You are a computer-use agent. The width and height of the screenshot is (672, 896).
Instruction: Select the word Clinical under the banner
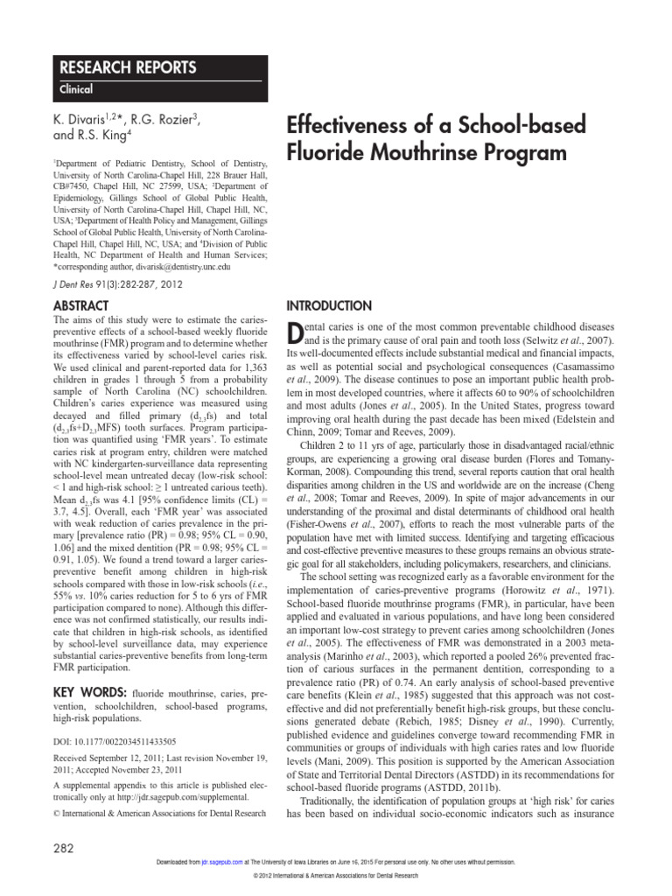(77, 89)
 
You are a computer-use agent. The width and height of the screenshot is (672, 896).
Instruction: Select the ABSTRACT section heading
(80, 305)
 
